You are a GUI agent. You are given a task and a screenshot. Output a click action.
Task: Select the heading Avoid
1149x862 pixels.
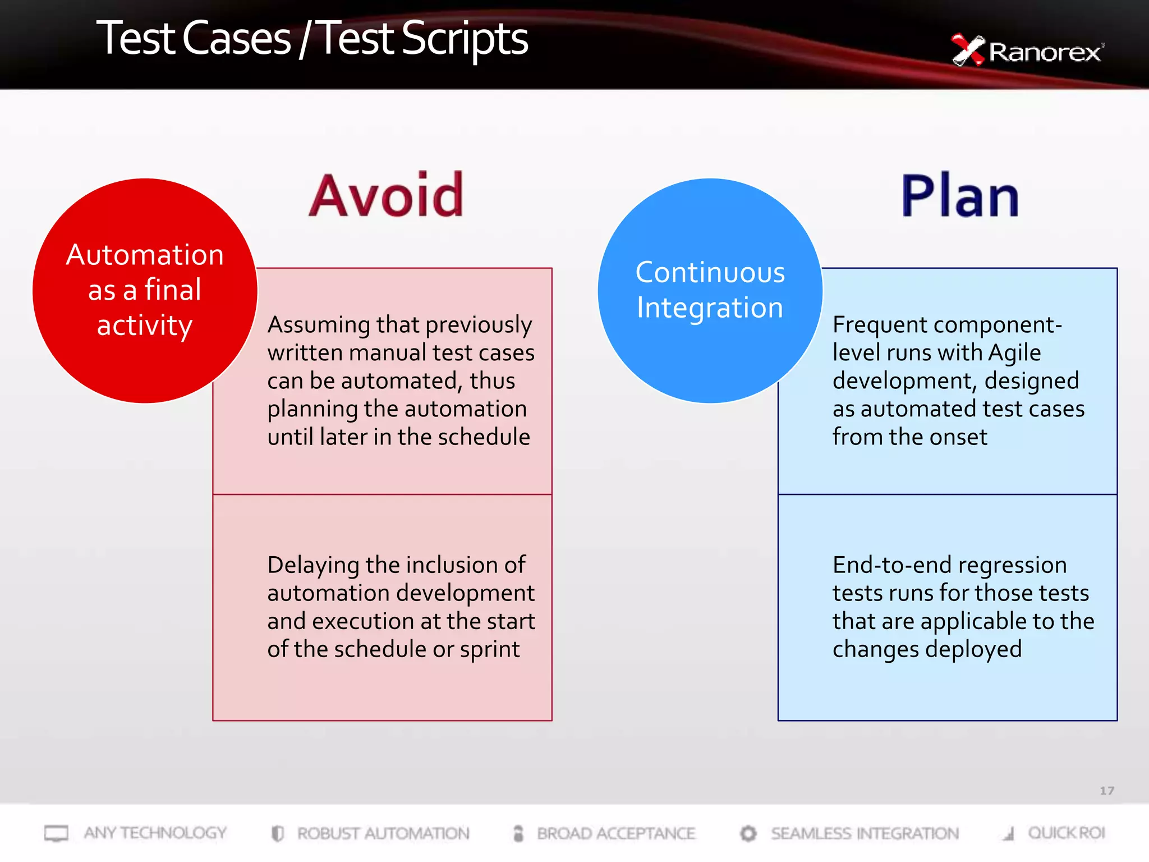(387, 196)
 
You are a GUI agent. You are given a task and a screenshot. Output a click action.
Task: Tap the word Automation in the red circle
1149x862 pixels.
(145, 255)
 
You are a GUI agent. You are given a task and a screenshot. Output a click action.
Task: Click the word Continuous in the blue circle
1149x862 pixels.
(710, 273)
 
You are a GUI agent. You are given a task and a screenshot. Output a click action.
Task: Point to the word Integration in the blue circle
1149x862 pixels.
(710, 308)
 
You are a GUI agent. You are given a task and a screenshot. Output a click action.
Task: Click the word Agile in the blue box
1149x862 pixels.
(1014, 353)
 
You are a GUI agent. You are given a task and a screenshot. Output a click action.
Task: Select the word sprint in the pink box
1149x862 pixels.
(490, 650)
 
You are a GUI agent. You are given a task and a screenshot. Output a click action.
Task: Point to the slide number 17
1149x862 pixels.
(1106, 791)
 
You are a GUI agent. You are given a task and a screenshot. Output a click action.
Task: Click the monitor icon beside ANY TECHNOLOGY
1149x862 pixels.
(56, 833)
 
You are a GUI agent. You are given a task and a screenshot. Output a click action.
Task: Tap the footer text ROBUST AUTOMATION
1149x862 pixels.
(383, 833)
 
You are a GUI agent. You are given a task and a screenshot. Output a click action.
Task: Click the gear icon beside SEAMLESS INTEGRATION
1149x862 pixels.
(748, 833)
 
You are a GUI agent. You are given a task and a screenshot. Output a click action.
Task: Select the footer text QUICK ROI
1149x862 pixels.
(1066, 833)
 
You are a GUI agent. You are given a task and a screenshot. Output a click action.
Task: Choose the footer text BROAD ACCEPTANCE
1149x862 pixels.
(616, 833)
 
